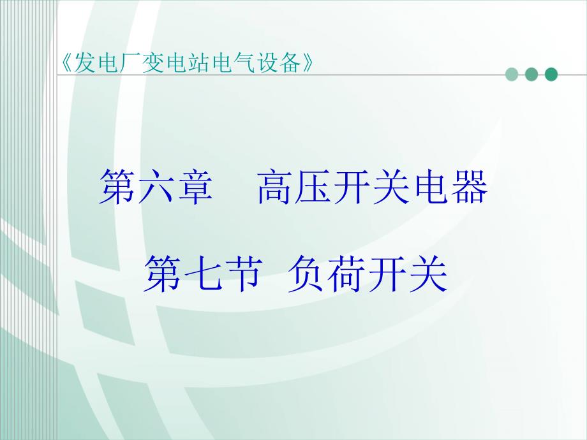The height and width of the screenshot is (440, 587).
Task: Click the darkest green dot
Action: pyautogui.click(x=551, y=75)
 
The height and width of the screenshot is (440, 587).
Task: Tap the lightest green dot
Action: pyautogui.click(x=512, y=75)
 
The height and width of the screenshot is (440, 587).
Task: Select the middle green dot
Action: pyautogui.click(x=531, y=75)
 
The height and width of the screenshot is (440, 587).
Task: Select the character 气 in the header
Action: pyautogui.click(x=245, y=62)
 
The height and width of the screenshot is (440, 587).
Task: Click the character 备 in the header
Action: pyautogui.click(x=291, y=62)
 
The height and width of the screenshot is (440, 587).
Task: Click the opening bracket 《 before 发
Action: pyautogui.click(x=66, y=62)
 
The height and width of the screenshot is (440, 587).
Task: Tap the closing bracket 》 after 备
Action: pyautogui.click(x=308, y=62)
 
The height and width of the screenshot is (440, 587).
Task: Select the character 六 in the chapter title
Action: pyautogui.click(x=156, y=186)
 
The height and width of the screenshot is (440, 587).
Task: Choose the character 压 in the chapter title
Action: pyautogui.click(x=314, y=186)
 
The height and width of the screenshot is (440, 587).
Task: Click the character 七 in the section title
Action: pyautogui.click(x=201, y=274)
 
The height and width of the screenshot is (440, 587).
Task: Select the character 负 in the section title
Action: pyautogui.click(x=305, y=274)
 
